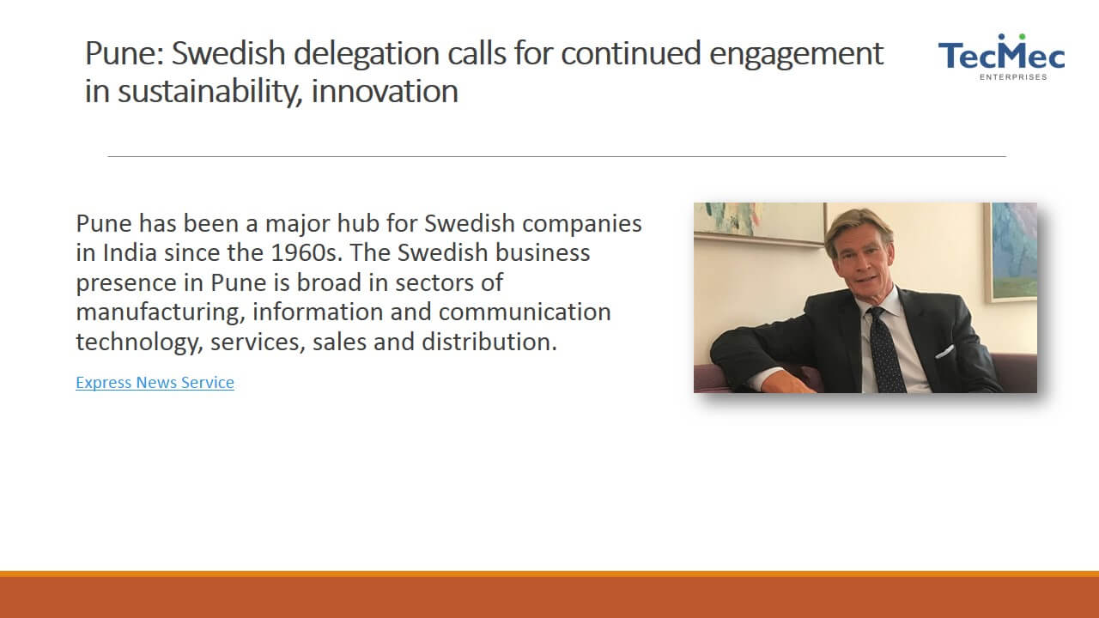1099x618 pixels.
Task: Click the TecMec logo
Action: pos(1001,57)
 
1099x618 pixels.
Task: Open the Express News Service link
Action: pos(155,382)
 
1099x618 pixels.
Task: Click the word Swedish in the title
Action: pos(228,53)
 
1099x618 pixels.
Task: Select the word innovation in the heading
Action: pos(385,91)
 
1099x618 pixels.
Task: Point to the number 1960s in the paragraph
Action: pos(307,252)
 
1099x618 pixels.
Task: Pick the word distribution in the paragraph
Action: pos(489,342)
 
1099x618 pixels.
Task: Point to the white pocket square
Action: pos(944,352)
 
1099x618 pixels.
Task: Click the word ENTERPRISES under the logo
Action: pos(1013,77)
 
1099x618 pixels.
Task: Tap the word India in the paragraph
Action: pos(130,252)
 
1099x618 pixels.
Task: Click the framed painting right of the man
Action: pos(1011,252)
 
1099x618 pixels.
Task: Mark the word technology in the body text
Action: pos(139,342)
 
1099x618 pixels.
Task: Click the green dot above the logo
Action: pos(1023,37)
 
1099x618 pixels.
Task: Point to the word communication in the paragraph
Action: pos(525,312)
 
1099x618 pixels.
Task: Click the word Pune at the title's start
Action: pos(124,53)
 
